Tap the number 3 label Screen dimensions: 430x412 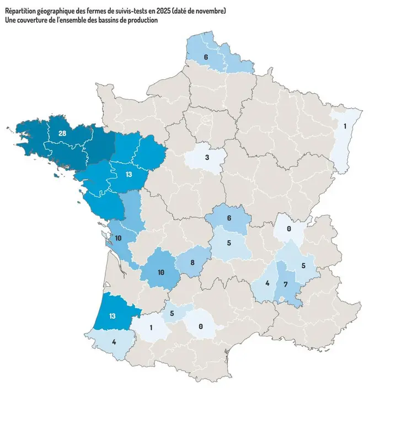[206, 158]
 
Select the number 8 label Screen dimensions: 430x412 [192, 263]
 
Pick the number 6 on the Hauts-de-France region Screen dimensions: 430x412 [206, 57]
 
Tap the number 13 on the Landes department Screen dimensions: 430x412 [113, 316]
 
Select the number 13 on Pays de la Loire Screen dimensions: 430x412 [128, 175]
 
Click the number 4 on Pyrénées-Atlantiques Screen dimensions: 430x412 [114, 342]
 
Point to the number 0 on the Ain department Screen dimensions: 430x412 [289, 228]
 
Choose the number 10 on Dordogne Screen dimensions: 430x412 [160, 273]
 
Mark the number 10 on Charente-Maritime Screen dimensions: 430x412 [118, 238]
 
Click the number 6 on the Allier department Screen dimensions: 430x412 [229, 218]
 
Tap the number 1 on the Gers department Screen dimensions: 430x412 [151, 327]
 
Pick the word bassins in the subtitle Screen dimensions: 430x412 [111, 20]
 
